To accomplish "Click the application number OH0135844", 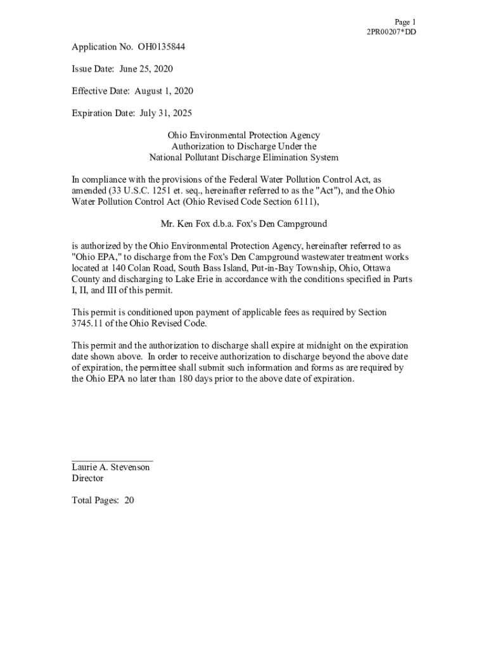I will [162, 47].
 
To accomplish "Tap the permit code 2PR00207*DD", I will [392, 32].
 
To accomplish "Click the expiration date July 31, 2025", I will [161, 113].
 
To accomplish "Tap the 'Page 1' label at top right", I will [404, 22].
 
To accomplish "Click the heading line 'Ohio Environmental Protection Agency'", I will [243, 135].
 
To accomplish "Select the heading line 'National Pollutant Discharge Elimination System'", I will [243, 157].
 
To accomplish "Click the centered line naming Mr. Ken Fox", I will [243, 224].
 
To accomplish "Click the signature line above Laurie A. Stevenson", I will [112, 461].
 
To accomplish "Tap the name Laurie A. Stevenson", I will [111, 467].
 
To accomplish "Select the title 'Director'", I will [87, 479].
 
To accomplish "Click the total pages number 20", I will [129, 500].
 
